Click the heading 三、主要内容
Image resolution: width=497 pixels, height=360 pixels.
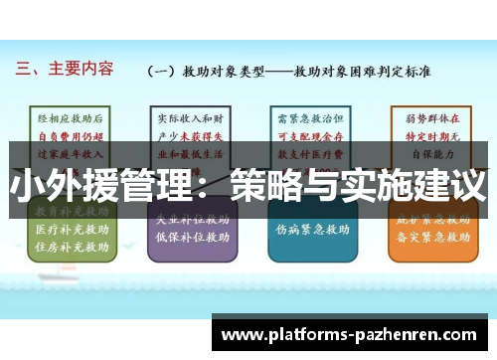pos(65,70)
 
